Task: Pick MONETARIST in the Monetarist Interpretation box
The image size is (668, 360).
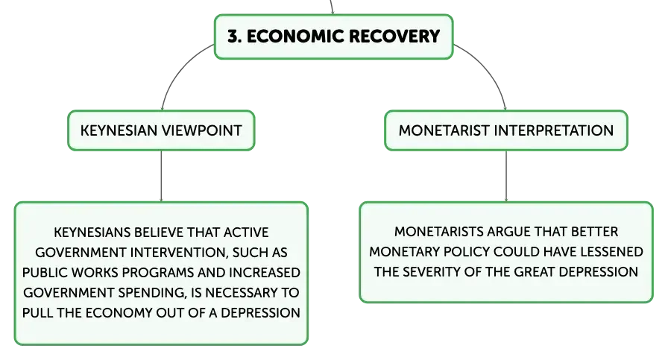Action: [x=444, y=130]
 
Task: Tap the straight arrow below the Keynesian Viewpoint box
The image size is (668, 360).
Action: [x=162, y=176]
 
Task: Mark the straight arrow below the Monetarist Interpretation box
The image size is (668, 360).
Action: [x=506, y=176]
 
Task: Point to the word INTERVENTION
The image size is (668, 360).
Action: [x=179, y=252]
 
